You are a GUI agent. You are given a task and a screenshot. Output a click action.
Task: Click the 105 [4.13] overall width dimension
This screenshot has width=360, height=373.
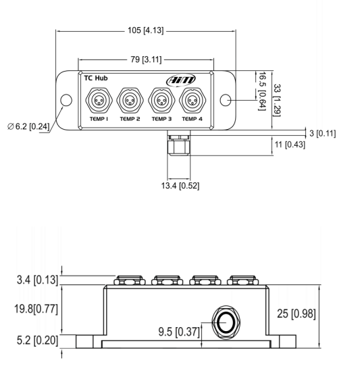pyautogui.click(x=146, y=30)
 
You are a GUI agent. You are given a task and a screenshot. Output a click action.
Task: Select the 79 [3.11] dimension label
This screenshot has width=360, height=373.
pyautogui.click(x=146, y=60)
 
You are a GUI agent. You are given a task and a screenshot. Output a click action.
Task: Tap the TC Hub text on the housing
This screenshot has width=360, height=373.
pyautogui.click(x=95, y=78)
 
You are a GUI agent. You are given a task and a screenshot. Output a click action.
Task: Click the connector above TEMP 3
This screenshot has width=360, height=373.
pyautogui.click(x=161, y=101)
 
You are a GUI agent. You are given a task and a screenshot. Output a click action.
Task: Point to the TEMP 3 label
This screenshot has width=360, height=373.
pyautogui.click(x=161, y=118)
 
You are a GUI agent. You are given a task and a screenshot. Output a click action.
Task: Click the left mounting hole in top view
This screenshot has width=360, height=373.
pyautogui.click(x=66, y=101)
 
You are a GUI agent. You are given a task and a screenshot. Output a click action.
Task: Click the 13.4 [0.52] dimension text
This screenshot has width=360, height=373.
pyautogui.click(x=178, y=184)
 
